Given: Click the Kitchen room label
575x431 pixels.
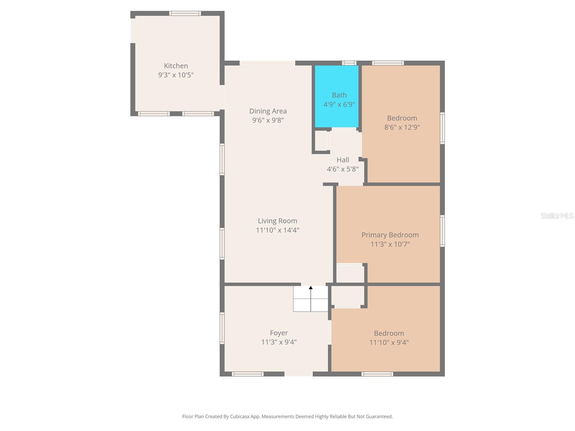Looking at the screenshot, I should point(176,66).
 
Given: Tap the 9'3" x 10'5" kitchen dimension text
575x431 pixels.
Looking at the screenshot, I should point(176,75).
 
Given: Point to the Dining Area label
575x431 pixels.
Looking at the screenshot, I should point(268,111).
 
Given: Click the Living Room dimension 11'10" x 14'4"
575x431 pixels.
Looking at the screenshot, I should point(277,230).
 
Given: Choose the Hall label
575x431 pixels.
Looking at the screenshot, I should point(342,160).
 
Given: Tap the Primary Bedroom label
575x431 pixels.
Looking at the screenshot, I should point(390,235).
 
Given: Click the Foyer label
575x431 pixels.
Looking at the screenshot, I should point(279,333).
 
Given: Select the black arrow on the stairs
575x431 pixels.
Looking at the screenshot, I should point(311,288).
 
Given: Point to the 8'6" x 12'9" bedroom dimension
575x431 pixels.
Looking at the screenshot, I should point(402,127).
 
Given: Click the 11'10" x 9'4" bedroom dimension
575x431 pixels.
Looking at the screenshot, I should point(389,343).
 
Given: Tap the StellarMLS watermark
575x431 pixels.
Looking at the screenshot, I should point(557,215).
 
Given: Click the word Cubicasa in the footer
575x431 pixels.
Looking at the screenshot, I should point(240,417).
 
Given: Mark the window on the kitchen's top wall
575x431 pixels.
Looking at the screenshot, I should point(185,14).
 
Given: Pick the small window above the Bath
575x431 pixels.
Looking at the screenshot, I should point(349,63).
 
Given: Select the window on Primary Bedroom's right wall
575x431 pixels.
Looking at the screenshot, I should point(442,231).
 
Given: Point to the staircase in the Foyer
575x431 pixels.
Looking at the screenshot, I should point(310,299).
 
